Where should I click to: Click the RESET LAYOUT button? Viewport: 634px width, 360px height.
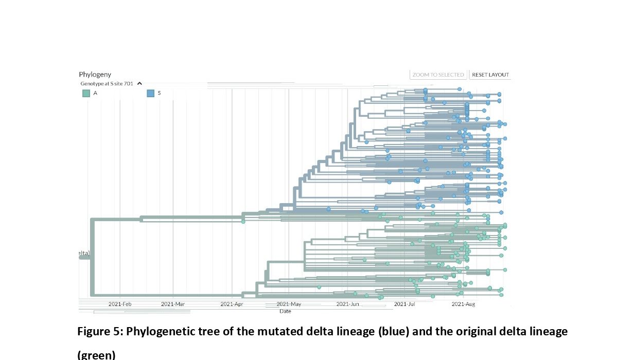click(490, 75)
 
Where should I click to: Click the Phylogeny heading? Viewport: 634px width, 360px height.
click(95, 75)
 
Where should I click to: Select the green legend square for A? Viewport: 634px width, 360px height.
click(86, 93)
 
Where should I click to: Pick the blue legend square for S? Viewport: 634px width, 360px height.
click(150, 93)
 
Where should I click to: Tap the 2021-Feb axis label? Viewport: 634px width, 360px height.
click(120, 304)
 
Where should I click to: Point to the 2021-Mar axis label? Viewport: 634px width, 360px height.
click(173, 304)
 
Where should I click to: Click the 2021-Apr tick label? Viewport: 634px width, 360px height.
click(232, 304)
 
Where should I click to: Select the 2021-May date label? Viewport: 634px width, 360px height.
click(289, 304)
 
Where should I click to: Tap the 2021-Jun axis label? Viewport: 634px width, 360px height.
click(348, 304)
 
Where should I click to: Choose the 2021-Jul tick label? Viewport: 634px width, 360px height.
click(404, 304)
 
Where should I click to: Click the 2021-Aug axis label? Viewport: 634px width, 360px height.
click(463, 304)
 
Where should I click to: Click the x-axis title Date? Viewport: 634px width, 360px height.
click(285, 311)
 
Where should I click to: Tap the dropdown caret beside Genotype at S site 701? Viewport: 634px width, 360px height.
click(139, 83)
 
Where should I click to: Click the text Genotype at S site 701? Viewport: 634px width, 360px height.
click(107, 83)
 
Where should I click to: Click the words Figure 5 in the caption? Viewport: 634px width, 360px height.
click(99, 332)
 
